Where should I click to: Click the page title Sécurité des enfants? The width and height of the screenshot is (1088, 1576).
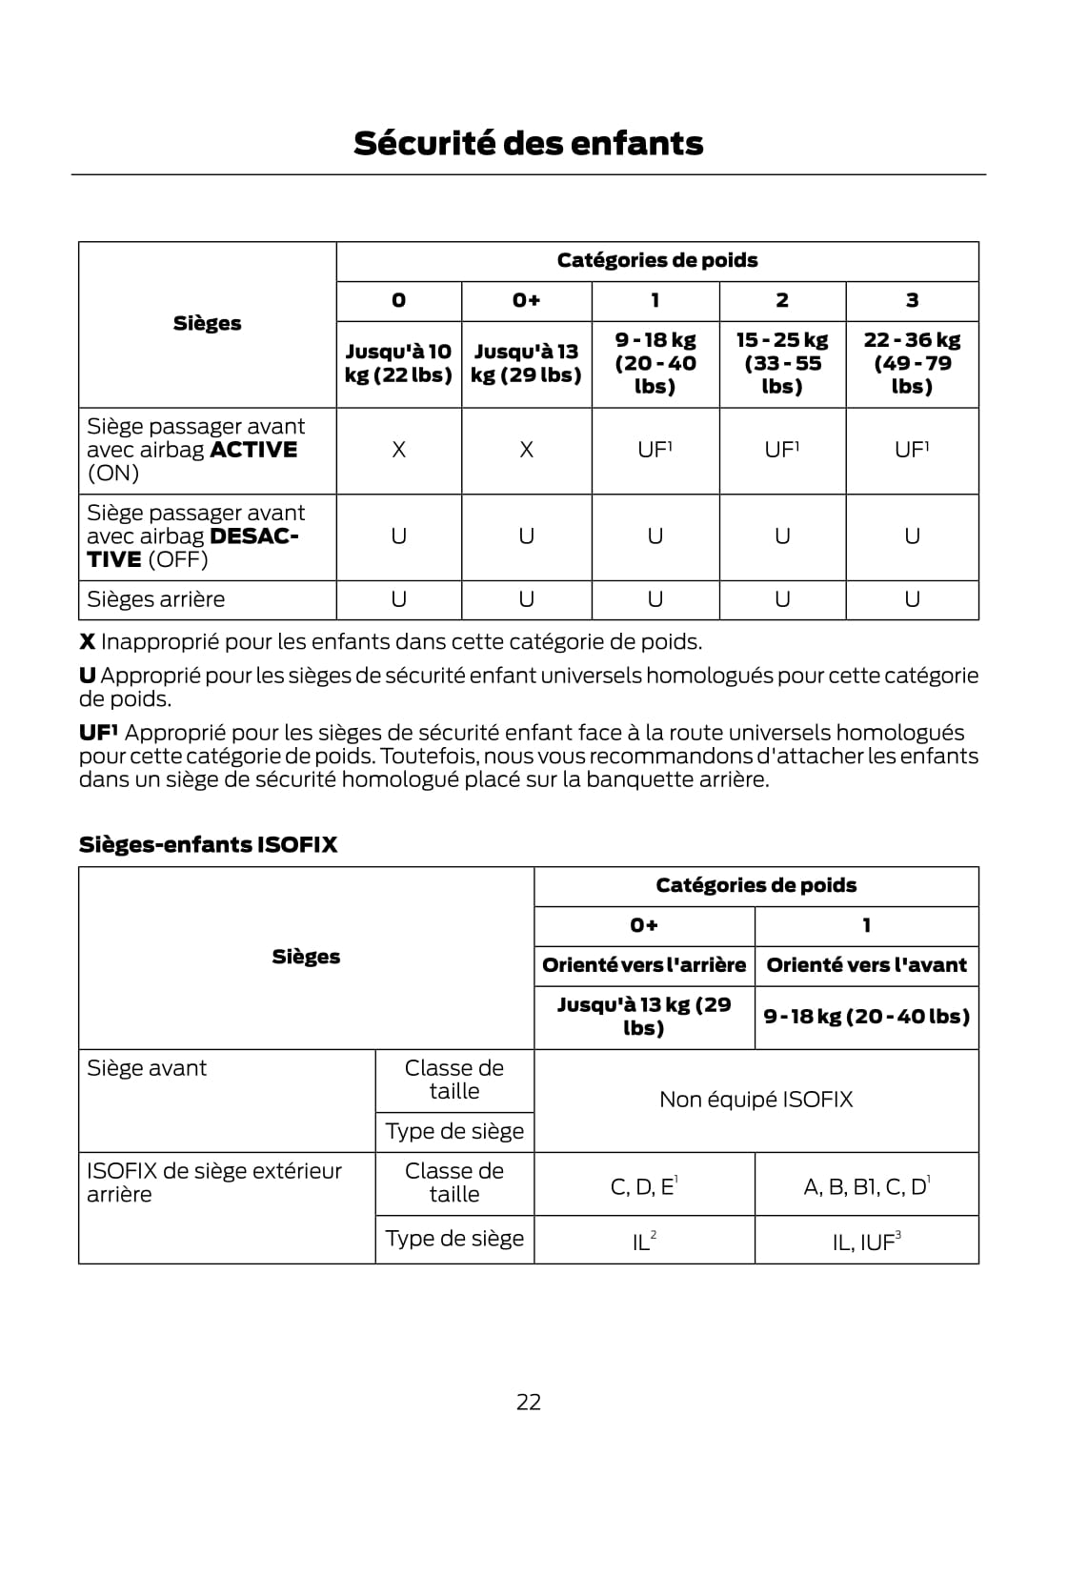tap(528, 143)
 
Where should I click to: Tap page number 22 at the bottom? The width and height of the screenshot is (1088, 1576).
tap(529, 1402)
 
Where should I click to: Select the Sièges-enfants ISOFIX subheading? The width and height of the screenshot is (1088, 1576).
tap(208, 844)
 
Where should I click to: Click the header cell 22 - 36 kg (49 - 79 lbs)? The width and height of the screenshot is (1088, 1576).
tap(912, 363)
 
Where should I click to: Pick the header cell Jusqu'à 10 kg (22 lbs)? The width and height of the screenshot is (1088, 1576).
tap(398, 363)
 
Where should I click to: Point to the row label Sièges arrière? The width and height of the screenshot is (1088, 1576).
tap(156, 599)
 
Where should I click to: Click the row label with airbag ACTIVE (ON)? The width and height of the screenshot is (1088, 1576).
tap(195, 450)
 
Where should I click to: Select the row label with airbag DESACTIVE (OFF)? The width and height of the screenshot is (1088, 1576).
tap(195, 536)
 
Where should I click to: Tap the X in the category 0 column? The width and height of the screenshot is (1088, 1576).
tap(398, 450)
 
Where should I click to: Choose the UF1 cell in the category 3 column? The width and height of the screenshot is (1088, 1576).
tap(912, 450)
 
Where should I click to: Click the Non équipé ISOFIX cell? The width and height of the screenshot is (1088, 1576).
tap(756, 1100)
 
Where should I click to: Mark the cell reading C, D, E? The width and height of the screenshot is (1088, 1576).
tap(643, 1186)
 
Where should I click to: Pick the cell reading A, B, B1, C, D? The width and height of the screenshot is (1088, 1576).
tap(866, 1186)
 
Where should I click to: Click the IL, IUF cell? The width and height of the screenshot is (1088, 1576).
tap(866, 1242)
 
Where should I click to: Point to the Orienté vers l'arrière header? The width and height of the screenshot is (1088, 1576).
tap(644, 965)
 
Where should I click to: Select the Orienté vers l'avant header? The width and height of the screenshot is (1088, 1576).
tap(866, 965)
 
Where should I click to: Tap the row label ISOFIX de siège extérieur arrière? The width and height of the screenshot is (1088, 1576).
tap(213, 1182)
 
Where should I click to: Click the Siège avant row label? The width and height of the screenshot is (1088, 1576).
tap(147, 1068)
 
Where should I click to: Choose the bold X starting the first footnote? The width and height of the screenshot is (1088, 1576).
tap(87, 642)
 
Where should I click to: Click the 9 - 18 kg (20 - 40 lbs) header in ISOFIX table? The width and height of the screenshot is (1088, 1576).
tap(866, 1016)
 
